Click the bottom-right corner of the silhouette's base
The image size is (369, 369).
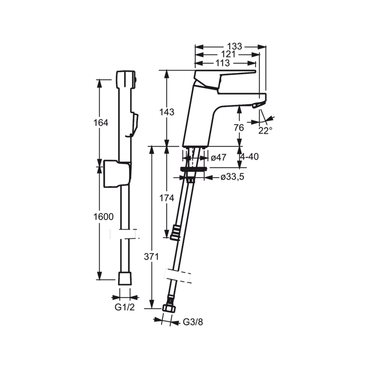202,327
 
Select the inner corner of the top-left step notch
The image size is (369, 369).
119,71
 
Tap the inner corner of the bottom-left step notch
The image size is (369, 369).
119,310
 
